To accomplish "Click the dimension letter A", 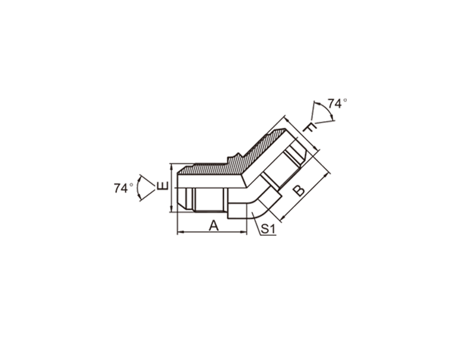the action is [214, 226].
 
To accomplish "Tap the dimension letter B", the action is [299, 191].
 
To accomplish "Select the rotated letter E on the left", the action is [162, 186].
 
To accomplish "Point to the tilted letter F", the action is [311, 128].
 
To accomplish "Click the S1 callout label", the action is [268, 229].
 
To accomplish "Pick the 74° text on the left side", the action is [123, 188].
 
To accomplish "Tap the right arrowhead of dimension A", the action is [243, 232].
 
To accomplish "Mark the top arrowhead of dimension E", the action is [172, 167].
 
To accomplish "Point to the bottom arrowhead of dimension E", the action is [172, 208].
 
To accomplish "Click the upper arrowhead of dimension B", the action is [325, 175].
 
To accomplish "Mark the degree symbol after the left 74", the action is [131, 185].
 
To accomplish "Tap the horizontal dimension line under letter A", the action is [212, 232].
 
